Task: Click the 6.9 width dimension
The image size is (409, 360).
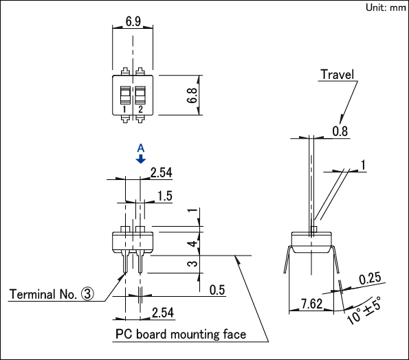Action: click(x=133, y=21)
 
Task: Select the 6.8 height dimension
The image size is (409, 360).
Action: click(x=192, y=95)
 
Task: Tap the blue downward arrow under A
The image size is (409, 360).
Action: click(x=141, y=159)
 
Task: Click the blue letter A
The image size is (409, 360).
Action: click(x=141, y=148)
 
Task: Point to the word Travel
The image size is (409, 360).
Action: click(x=337, y=75)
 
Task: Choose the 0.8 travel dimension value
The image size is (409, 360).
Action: click(x=340, y=131)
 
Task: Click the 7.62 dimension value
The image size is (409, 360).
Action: click(x=312, y=304)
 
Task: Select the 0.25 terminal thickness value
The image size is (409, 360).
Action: click(x=370, y=279)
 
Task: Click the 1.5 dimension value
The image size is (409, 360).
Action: click(x=165, y=196)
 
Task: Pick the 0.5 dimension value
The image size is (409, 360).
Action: click(x=217, y=290)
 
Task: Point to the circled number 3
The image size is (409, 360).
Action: click(x=87, y=294)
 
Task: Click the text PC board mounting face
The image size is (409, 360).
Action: click(x=181, y=335)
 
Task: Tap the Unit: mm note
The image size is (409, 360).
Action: click(x=386, y=8)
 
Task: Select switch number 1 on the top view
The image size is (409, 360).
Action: click(x=124, y=109)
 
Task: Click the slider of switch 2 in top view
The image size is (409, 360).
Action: click(x=140, y=95)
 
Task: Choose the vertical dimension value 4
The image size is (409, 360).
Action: click(x=192, y=244)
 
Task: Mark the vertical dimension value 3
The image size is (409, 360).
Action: click(x=192, y=264)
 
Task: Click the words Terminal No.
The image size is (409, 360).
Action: click(x=43, y=295)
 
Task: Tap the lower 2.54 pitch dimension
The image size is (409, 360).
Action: click(x=163, y=313)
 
